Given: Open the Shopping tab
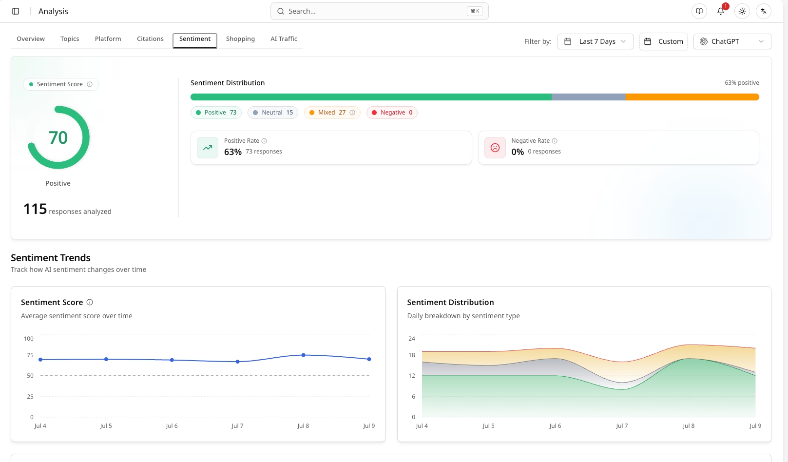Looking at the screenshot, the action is click(240, 38).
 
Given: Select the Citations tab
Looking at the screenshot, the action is click(150, 38).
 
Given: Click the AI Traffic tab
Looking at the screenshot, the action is click(284, 38).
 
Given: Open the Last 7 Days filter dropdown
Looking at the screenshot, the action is click(595, 41).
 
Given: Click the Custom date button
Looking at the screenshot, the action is click(663, 41).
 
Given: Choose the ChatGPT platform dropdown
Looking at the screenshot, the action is click(732, 41).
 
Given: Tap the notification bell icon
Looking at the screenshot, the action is click(720, 11).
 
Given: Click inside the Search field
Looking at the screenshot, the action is click(379, 11).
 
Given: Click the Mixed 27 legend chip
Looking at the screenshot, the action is click(332, 113).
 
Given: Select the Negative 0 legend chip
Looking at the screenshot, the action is click(392, 113).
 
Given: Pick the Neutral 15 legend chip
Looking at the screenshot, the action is click(272, 113).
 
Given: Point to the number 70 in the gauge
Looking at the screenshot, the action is click(58, 137).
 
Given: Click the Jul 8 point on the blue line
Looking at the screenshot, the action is click(303, 355).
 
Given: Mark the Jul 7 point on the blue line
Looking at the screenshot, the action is click(238, 362).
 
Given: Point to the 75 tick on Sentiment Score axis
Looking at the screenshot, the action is click(30, 355).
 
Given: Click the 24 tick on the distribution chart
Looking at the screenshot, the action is click(412, 339).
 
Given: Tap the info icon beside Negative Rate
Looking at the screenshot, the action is click(555, 141).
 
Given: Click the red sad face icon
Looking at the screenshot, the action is click(495, 148).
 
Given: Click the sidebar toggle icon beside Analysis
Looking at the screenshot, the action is click(16, 11).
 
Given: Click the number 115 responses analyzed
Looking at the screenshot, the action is click(35, 209).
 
